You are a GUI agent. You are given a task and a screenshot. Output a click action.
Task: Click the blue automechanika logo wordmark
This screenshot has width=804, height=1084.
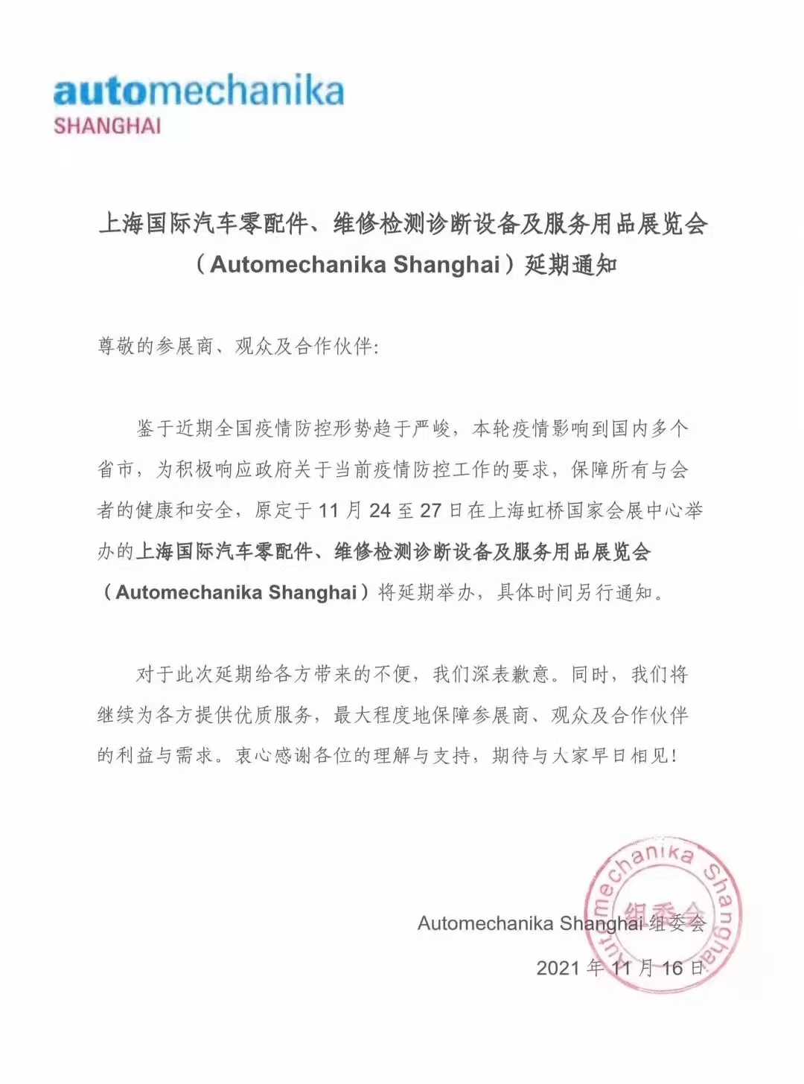(198, 92)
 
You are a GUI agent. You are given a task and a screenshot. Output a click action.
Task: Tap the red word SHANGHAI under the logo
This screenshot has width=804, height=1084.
(107, 126)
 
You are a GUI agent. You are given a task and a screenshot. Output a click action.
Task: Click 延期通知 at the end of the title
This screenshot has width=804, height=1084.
(571, 264)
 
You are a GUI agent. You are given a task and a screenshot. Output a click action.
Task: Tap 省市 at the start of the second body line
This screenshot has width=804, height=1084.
(116, 469)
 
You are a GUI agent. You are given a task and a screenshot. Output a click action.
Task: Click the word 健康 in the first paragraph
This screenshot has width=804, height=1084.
(156, 510)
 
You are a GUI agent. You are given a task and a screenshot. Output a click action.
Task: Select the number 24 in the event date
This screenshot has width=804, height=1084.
(380, 511)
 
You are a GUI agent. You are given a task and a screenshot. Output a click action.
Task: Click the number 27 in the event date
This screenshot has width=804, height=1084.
(430, 511)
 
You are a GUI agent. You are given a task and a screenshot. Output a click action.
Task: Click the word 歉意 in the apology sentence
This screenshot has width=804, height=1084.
(529, 674)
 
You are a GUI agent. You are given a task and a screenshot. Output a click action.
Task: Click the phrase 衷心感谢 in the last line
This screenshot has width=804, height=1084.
(272, 756)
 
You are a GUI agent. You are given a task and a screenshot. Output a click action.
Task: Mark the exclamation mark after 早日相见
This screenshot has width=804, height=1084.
(674, 756)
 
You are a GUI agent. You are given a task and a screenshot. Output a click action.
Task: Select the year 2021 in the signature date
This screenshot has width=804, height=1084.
(558, 968)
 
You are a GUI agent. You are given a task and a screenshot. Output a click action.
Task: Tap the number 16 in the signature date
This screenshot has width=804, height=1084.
(672, 968)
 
